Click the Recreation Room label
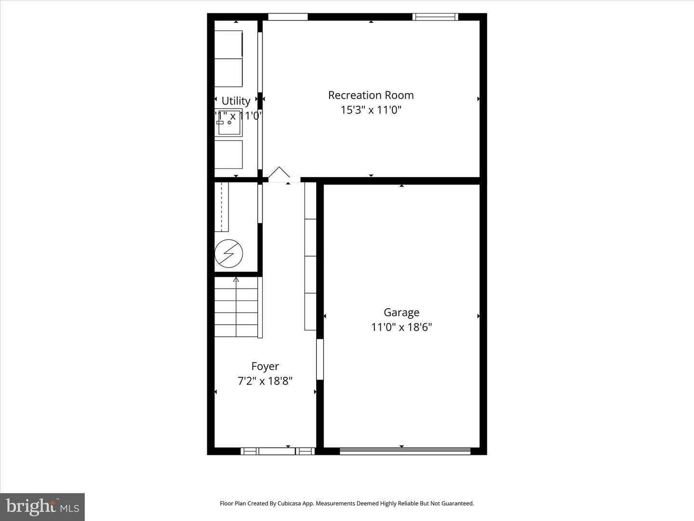pos(371,96)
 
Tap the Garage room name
pos(401,313)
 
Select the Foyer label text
pos(265,367)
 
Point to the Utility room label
pos(236,101)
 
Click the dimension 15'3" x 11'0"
pos(371,110)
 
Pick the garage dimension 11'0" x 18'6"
pos(401,327)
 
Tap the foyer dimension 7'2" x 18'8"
pos(265,381)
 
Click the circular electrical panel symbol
pos(228,253)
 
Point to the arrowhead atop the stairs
pos(236,279)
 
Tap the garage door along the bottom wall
pos(405,451)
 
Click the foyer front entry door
pos(277,451)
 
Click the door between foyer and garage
pos(320,359)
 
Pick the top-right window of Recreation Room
pos(435,17)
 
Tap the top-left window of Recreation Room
pos(288,17)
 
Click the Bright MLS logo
pos(42,507)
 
